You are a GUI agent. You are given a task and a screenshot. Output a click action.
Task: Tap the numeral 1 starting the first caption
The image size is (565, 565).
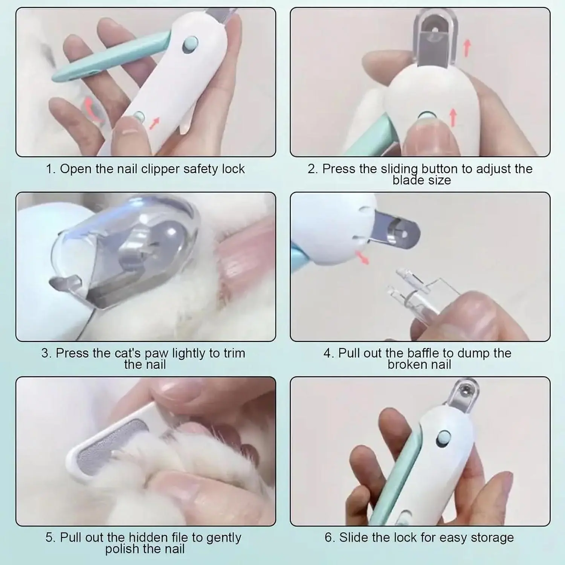coord(50,169)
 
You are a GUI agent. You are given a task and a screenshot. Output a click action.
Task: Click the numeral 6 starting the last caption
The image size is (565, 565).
coord(328,538)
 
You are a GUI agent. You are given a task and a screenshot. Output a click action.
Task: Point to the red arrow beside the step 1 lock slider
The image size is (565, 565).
coord(154,123)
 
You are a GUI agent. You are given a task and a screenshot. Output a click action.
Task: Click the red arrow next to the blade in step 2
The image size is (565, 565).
coord(467,48)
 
